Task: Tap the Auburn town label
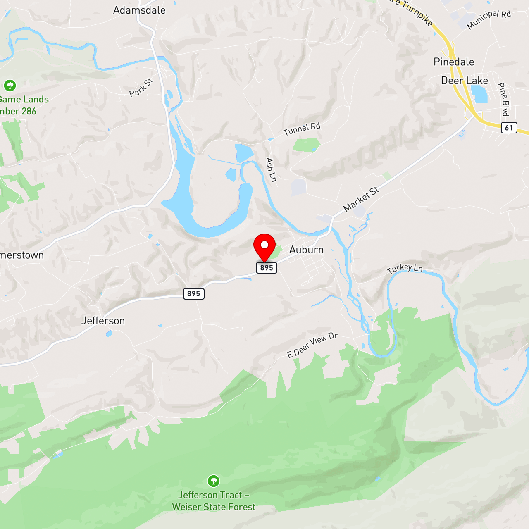click(x=306, y=250)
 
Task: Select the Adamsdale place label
click(x=139, y=10)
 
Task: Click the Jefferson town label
click(x=103, y=321)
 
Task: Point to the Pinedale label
click(x=454, y=62)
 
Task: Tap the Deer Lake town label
click(x=465, y=81)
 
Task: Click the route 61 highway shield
click(x=509, y=128)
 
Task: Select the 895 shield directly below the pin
click(x=267, y=268)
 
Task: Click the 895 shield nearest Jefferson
click(x=194, y=294)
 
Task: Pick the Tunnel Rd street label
click(x=302, y=129)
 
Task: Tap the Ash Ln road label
click(x=271, y=169)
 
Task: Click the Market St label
click(x=361, y=199)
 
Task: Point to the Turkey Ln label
click(x=405, y=269)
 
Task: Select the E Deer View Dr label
click(x=312, y=345)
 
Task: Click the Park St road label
click(x=141, y=88)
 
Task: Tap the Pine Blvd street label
click(x=503, y=99)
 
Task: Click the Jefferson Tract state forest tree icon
click(x=213, y=481)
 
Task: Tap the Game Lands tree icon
click(x=10, y=86)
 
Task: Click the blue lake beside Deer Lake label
click(x=479, y=94)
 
